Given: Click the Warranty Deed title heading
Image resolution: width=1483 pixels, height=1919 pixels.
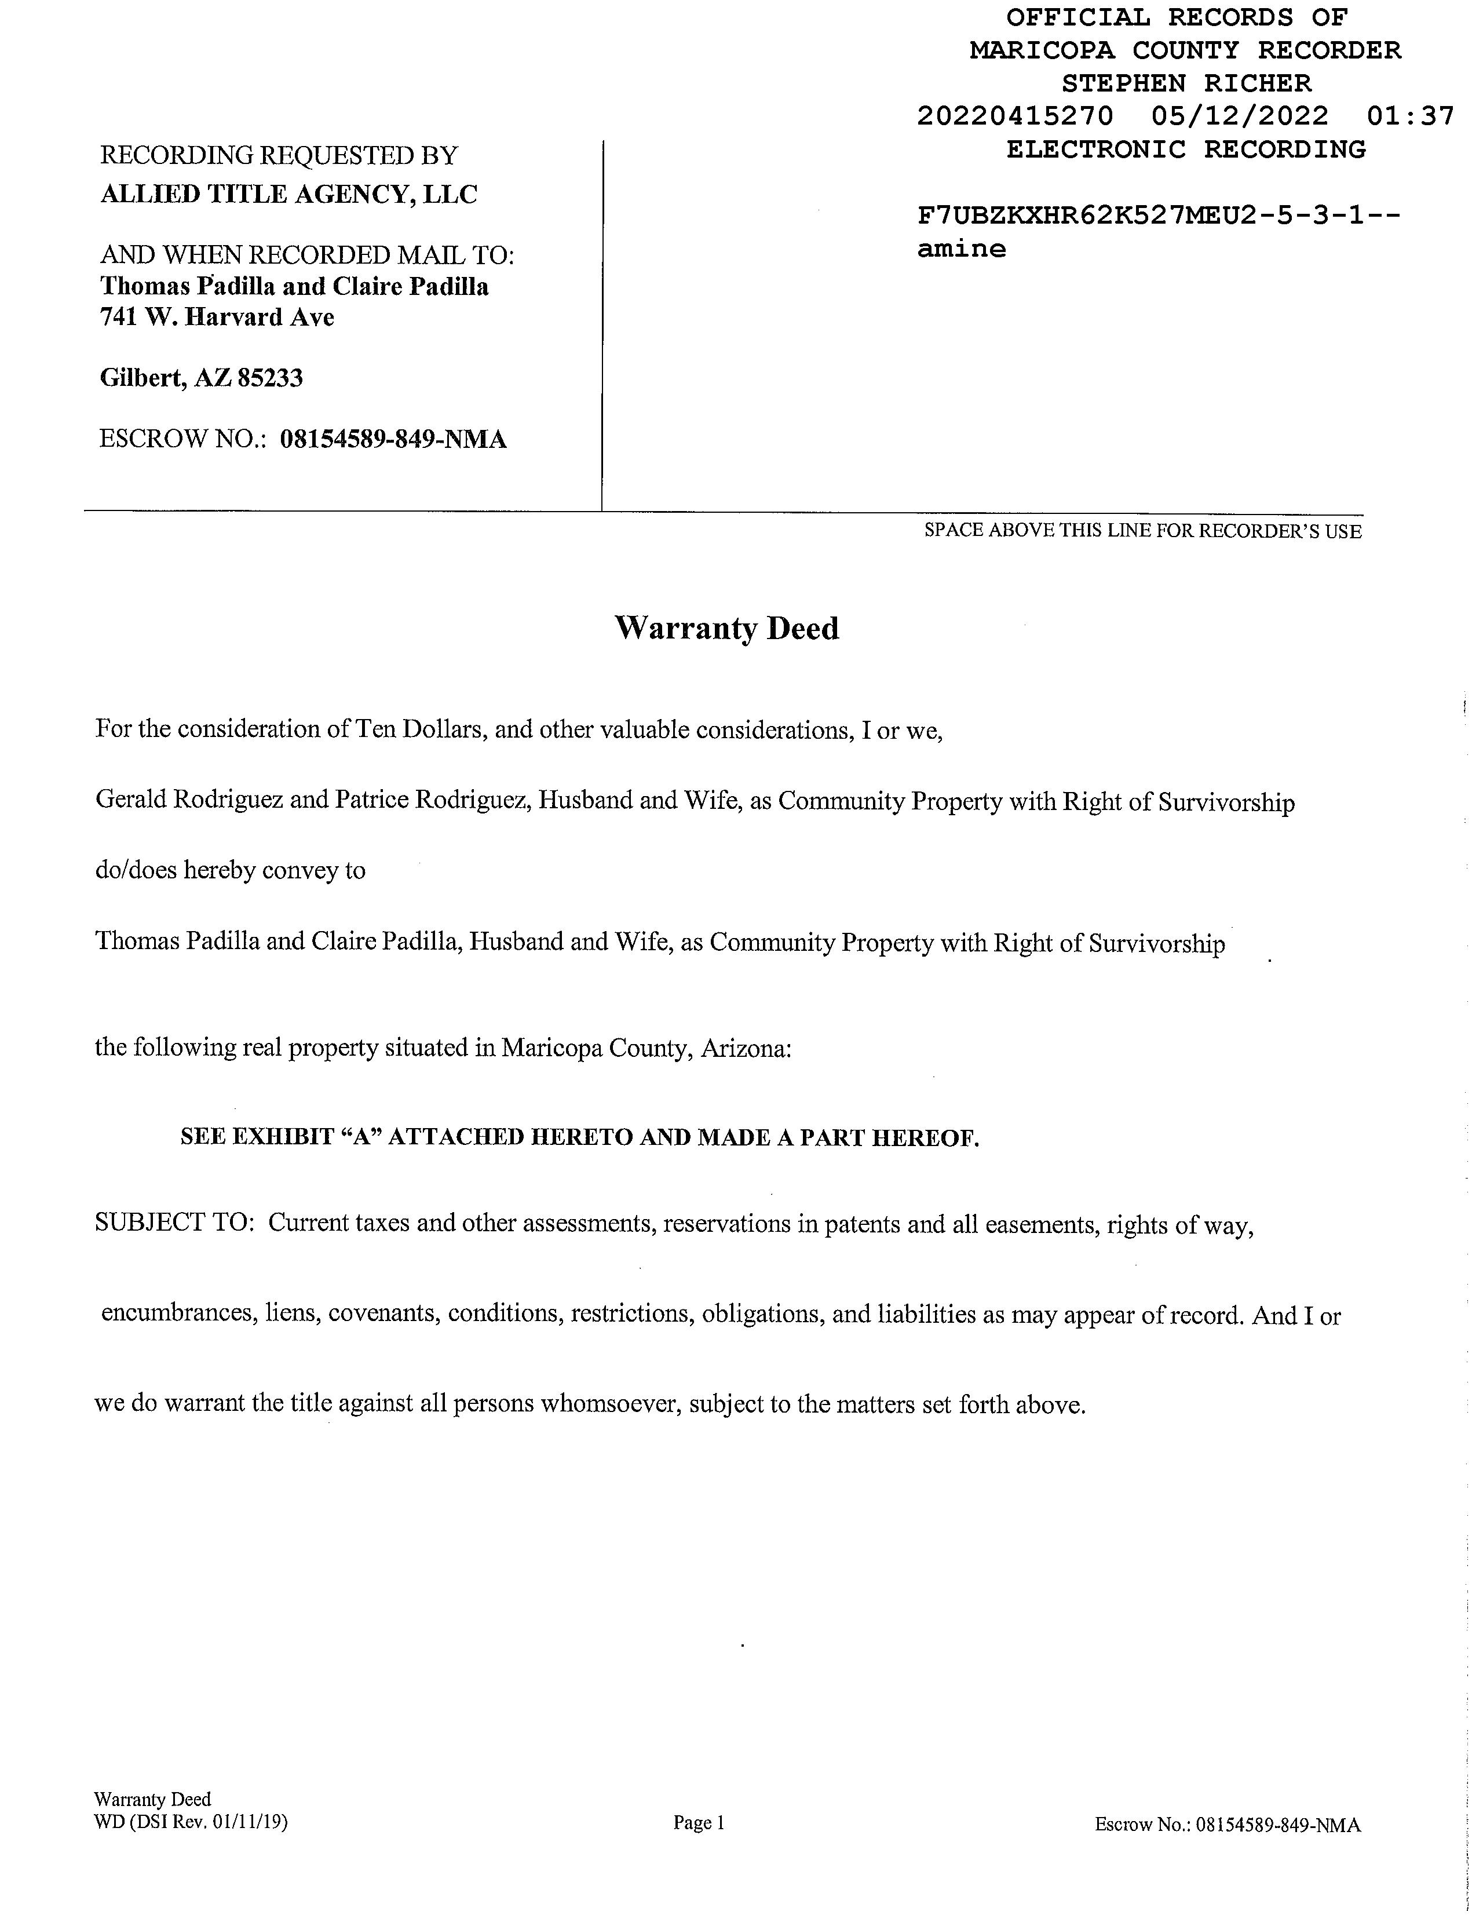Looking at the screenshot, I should click(726, 628).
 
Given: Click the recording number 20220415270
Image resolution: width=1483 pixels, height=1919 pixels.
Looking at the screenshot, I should click(1015, 116).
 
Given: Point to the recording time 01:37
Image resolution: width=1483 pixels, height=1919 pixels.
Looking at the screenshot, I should click(1410, 116).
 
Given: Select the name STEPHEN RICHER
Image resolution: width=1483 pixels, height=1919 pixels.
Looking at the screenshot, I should click(1186, 83).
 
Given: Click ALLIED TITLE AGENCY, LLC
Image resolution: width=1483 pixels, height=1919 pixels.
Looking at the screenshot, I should click(289, 194).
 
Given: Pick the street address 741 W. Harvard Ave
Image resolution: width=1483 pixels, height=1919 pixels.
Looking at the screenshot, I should click(217, 316).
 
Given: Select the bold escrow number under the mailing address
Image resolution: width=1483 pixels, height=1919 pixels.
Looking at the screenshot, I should click(393, 439).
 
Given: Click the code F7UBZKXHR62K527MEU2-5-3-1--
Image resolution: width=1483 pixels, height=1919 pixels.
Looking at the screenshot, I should click(1158, 216).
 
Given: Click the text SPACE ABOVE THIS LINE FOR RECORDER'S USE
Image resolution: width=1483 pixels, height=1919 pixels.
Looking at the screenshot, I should click(1142, 531).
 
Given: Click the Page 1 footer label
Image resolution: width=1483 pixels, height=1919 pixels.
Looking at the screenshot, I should click(699, 1822).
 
